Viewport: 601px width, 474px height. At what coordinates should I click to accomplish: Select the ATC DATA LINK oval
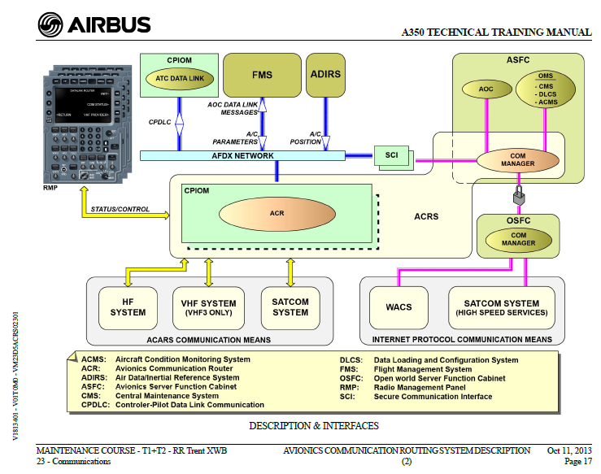pyautogui.click(x=179, y=78)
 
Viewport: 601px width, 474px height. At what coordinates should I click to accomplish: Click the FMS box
pyautogui.click(x=262, y=76)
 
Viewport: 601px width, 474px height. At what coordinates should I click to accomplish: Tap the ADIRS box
pyautogui.click(x=325, y=75)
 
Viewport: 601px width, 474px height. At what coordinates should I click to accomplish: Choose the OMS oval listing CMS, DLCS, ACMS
pyautogui.click(x=547, y=89)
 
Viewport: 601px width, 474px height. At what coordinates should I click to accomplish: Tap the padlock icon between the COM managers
pyautogui.click(x=516, y=197)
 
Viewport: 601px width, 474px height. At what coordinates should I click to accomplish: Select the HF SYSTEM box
pyautogui.click(x=128, y=307)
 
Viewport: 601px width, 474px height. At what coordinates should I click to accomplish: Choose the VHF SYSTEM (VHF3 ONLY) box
pyautogui.click(x=208, y=307)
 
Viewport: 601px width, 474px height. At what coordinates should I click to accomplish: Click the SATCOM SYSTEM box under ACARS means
pyautogui.click(x=290, y=307)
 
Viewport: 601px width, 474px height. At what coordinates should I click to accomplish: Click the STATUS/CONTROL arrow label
pyautogui.click(x=120, y=209)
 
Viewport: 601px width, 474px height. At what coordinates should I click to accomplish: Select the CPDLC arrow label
pyautogui.click(x=159, y=122)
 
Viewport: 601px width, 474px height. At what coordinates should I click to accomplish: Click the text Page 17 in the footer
pyautogui.click(x=577, y=461)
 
